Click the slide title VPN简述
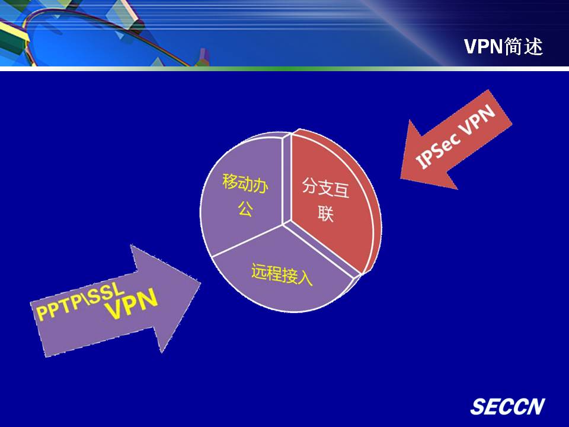point(503,46)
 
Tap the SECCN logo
point(507,406)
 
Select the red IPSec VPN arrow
point(455,141)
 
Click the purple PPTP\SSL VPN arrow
point(116,301)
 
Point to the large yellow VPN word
point(132,304)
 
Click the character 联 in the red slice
point(325,213)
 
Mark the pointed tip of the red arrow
point(401,178)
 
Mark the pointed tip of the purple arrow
point(200,283)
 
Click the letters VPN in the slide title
point(483,46)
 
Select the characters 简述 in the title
point(523,46)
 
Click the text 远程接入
point(282,274)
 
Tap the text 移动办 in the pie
point(245,183)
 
